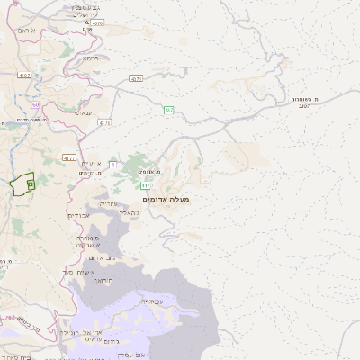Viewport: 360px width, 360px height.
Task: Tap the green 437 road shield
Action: pyautogui.click(x=168, y=110)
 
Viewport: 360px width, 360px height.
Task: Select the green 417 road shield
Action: pyautogui.click(x=146, y=186)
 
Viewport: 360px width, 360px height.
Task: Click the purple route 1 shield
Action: pyautogui.click(x=112, y=165)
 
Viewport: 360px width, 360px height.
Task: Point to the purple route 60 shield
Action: pyautogui.click(x=35, y=104)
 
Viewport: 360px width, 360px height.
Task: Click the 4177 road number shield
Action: pyautogui.click(x=69, y=157)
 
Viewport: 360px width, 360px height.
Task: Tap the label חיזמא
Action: pyautogui.click(x=90, y=58)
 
